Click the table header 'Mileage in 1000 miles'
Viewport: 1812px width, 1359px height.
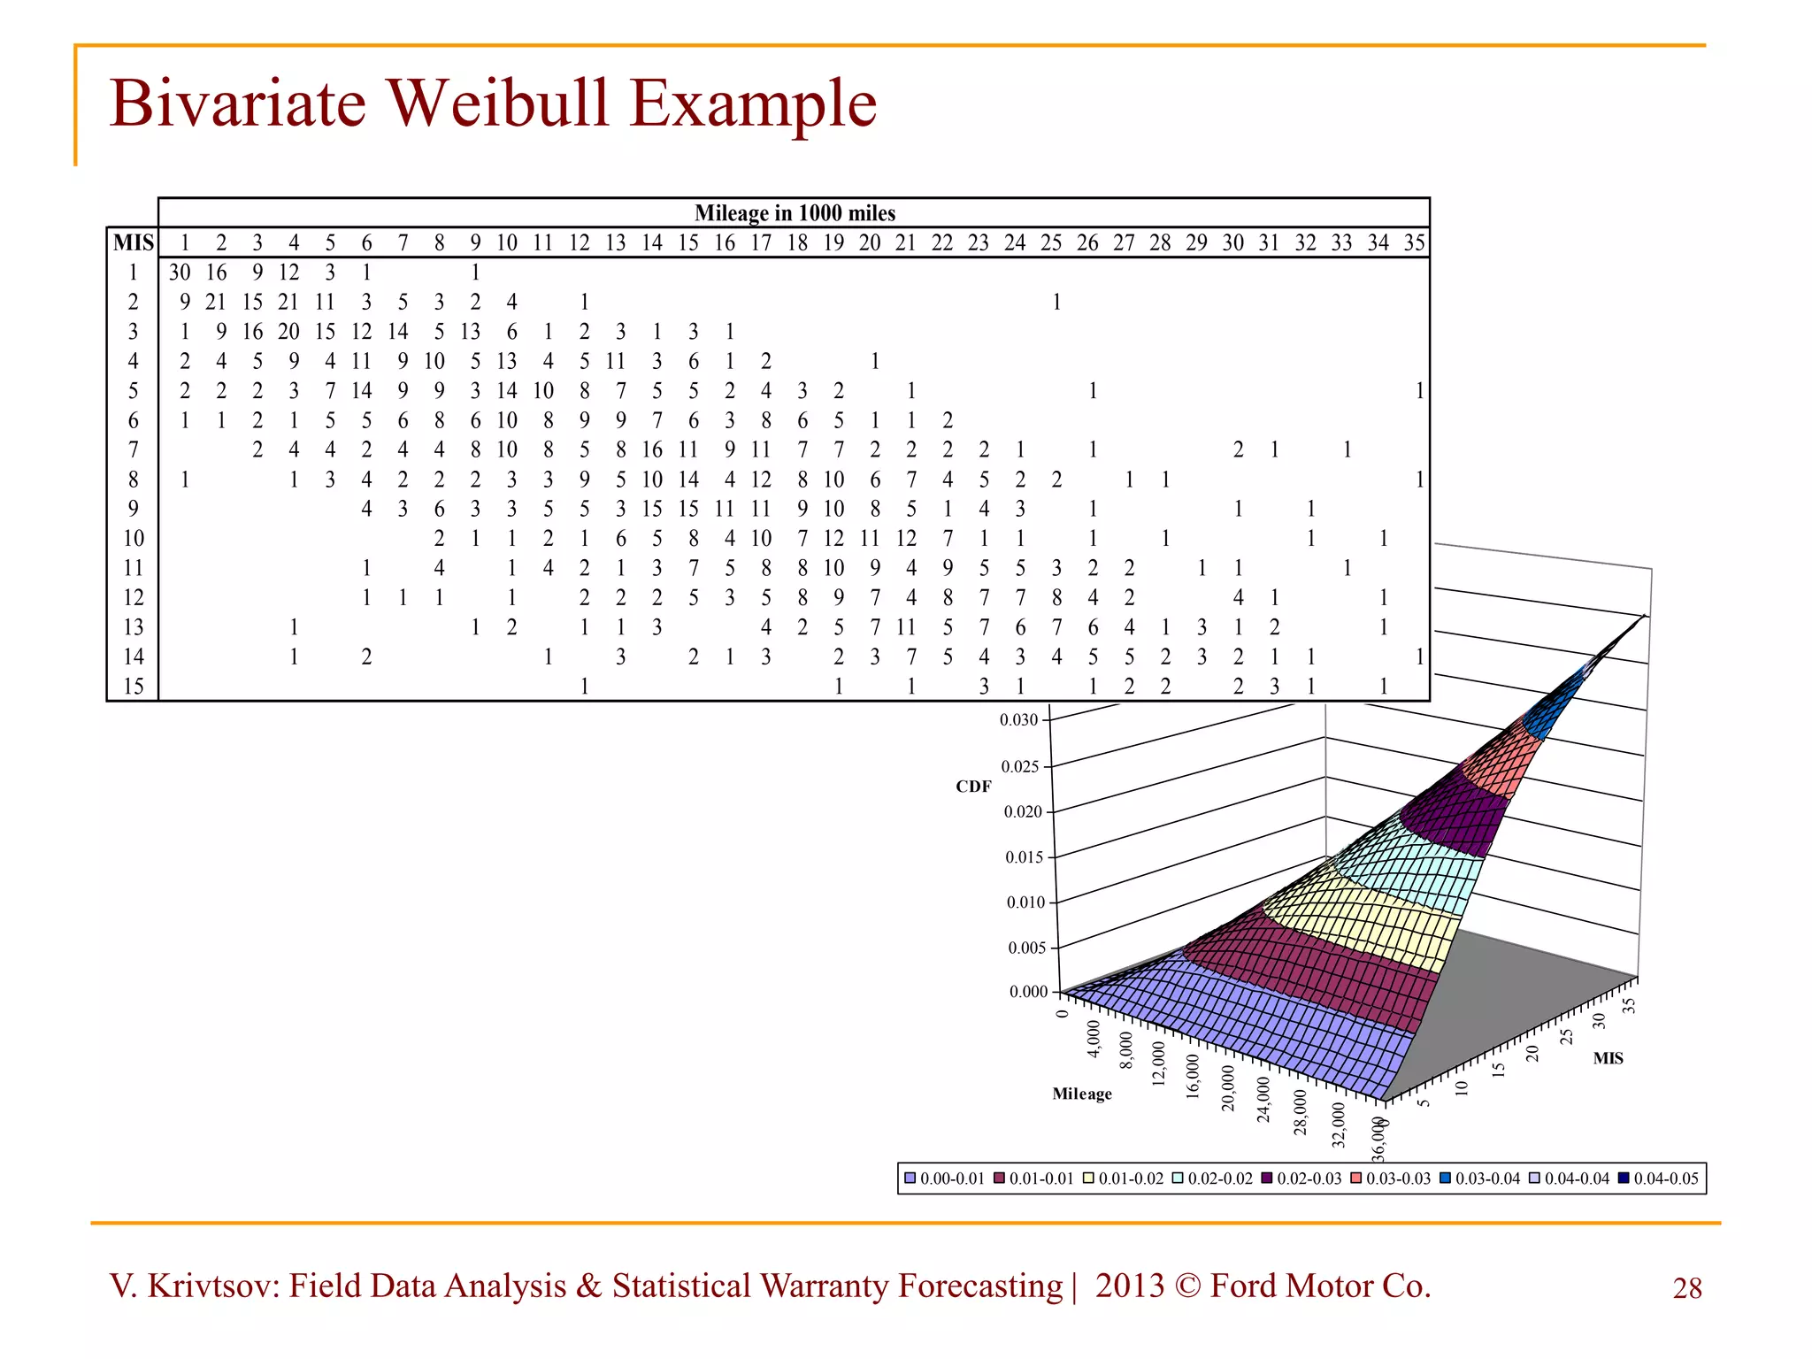pos(795,213)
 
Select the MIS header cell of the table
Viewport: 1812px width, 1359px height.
pos(133,242)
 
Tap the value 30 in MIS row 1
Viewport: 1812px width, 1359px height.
pos(180,273)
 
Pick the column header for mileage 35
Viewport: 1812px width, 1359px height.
pos(1414,242)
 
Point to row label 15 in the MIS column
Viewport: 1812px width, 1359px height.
pos(133,687)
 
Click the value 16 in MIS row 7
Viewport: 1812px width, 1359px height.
pos(652,449)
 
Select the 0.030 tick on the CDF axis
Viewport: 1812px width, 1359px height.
pos(1018,720)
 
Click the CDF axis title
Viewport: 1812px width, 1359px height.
pos(973,787)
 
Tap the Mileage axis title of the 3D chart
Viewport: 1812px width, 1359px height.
pos(1082,1094)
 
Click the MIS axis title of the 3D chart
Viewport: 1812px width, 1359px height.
pos(1608,1058)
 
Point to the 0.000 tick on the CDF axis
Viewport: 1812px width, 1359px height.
pos(1028,992)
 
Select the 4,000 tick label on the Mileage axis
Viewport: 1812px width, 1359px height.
pos(1094,1040)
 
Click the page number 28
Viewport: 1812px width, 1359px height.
pos(1687,1288)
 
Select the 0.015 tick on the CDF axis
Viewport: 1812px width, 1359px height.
pos(1025,857)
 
